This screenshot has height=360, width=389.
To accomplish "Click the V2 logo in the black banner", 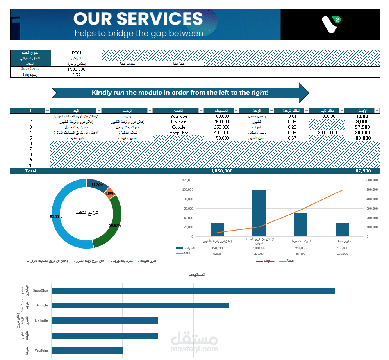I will click(x=330, y=24).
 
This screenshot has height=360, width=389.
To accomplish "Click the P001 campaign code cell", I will click(x=76, y=53).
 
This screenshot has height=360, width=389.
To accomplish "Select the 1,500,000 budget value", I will click(x=76, y=69).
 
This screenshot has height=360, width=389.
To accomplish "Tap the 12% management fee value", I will click(x=76, y=75).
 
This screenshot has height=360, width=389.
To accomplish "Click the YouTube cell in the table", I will click(x=178, y=116).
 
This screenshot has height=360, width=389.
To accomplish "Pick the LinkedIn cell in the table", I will click(x=178, y=122).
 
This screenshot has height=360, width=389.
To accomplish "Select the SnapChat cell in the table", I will click(x=178, y=133).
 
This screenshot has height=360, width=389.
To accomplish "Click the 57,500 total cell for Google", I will click(x=362, y=127).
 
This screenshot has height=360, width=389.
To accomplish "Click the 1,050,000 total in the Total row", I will click(x=221, y=171).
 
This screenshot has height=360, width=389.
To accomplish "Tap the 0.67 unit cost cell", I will click(x=292, y=138).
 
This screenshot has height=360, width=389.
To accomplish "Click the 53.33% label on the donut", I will click(x=56, y=217).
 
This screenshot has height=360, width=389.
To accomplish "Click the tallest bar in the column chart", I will click(x=259, y=213).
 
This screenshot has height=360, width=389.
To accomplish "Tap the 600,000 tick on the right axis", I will click(x=371, y=180).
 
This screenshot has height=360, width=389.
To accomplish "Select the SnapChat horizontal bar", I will click(x=193, y=290).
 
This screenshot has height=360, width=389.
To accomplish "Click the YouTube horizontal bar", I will click(x=87, y=351).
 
